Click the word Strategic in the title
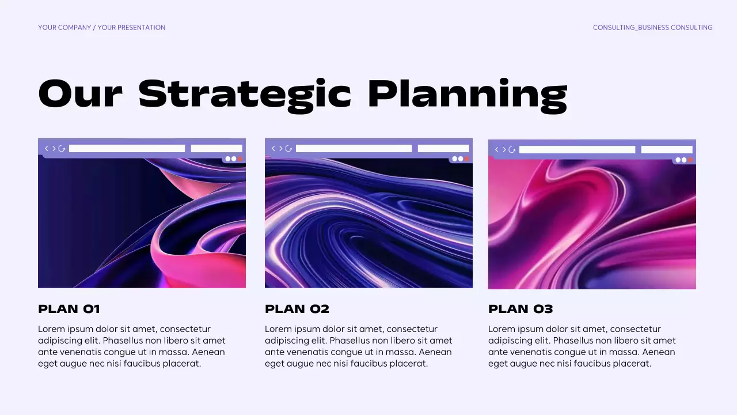point(245,94)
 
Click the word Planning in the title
point(467,94)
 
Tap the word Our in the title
point(80,94)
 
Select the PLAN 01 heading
point(69,309)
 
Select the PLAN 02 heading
point(297,309)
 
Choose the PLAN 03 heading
point(521,309)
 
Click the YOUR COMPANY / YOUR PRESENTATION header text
point(101,28)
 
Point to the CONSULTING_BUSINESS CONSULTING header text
point(652,28)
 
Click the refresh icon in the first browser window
point(62,149)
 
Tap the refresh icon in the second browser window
point(289,149)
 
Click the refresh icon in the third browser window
point(512,150)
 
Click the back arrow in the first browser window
point(47,149)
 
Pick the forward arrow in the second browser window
point(281,149)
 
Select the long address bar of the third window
point(577,150)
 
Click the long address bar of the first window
point(127,149)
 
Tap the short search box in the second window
point(443,149)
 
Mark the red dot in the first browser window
point(240,159)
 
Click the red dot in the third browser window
point(690,160)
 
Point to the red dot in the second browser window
point(467,159)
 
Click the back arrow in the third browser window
point(497,150)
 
